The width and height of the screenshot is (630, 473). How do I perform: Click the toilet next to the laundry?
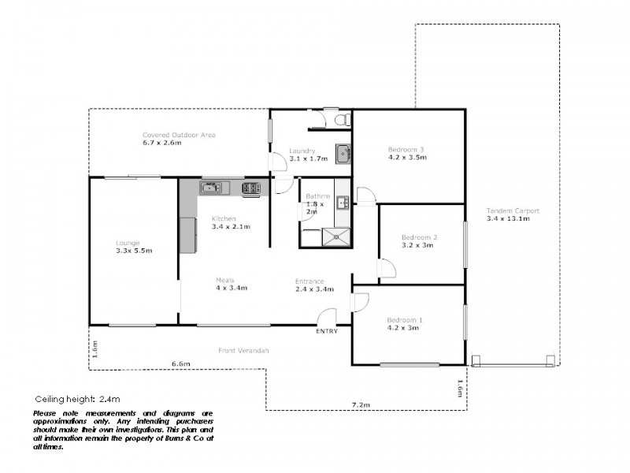click(x=340, y=120)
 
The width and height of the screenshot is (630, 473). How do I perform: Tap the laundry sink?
click(x=342, y=153)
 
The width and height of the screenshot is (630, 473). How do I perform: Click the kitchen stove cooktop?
click(x=251, y=188)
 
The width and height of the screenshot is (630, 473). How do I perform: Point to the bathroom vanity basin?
click(x=343, y=203)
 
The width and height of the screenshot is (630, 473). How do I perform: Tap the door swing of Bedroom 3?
click(x=365, y=196)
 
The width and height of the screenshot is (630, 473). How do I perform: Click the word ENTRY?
click(x=327, y=331)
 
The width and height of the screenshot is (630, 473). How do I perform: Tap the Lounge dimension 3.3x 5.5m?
click(x=133, y=251)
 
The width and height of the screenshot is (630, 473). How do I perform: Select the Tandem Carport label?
click(x=513, y=211)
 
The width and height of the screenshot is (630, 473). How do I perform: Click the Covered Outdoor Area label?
click(x=179, y=135)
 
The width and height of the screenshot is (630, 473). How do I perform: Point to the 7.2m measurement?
click(x=361, y=404)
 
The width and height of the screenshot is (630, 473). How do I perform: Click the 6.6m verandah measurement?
click(x=181, y=363)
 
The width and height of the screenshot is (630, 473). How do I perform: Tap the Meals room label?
click(x=225, y=280)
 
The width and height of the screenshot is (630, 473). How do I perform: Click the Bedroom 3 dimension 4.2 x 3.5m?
click(x=406, y=157)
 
